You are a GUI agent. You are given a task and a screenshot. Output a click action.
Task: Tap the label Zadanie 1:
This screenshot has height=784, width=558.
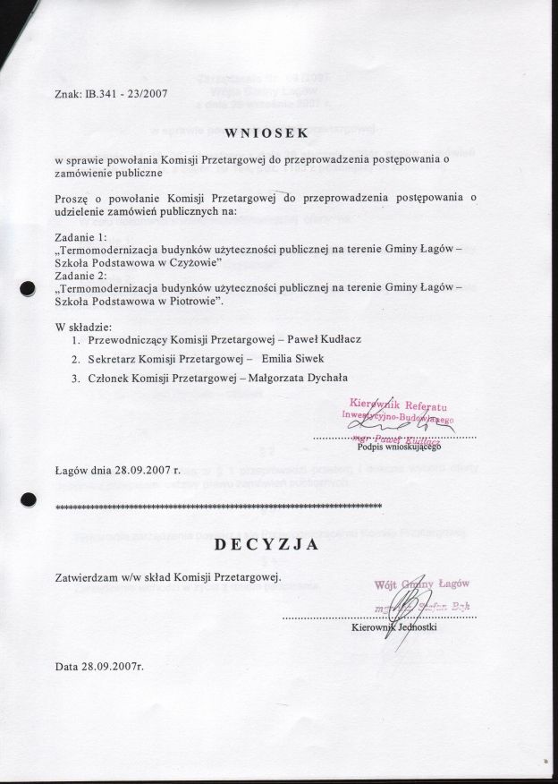click(x=80, y=236)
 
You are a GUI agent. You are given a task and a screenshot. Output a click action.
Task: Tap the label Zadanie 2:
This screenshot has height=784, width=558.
click(x=80, y=275)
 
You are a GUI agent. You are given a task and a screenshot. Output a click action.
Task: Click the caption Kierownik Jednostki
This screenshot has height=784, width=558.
click(x=393, y=627)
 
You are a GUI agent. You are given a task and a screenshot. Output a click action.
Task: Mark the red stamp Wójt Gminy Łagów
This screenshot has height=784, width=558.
click(x=422, y=584)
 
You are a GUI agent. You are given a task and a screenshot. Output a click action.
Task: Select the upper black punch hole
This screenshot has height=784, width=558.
click(x=27, y=288)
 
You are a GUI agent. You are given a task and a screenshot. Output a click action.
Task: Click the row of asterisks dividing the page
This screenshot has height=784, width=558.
click(x=219, y=507)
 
